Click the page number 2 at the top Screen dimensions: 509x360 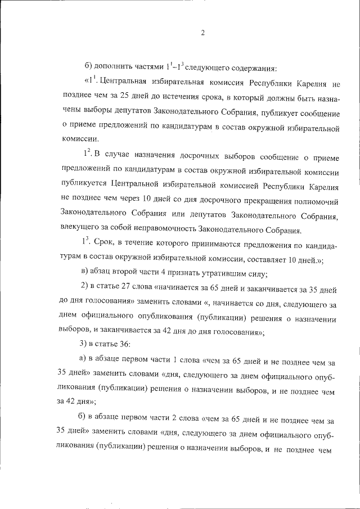tap(202, 33)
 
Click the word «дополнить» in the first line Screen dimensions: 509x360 tap(111, 69)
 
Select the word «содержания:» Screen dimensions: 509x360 tap(251, 69)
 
